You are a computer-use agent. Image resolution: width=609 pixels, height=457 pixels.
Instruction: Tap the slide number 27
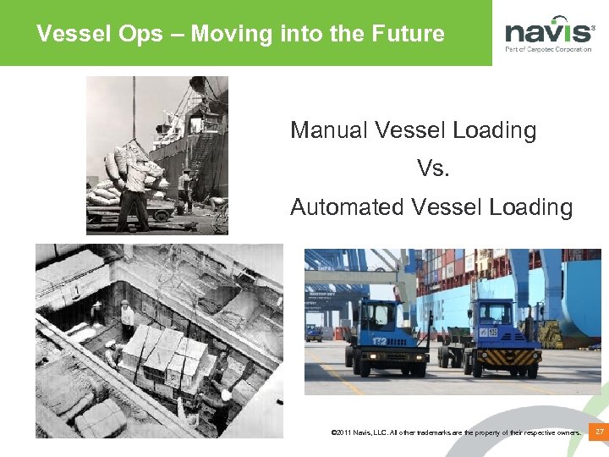[x=599, y=432]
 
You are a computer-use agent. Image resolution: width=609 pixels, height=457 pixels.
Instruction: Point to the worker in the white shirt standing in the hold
[x=127, y=318]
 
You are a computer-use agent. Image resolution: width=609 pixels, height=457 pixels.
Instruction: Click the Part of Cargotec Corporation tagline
[x=548, y=49]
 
